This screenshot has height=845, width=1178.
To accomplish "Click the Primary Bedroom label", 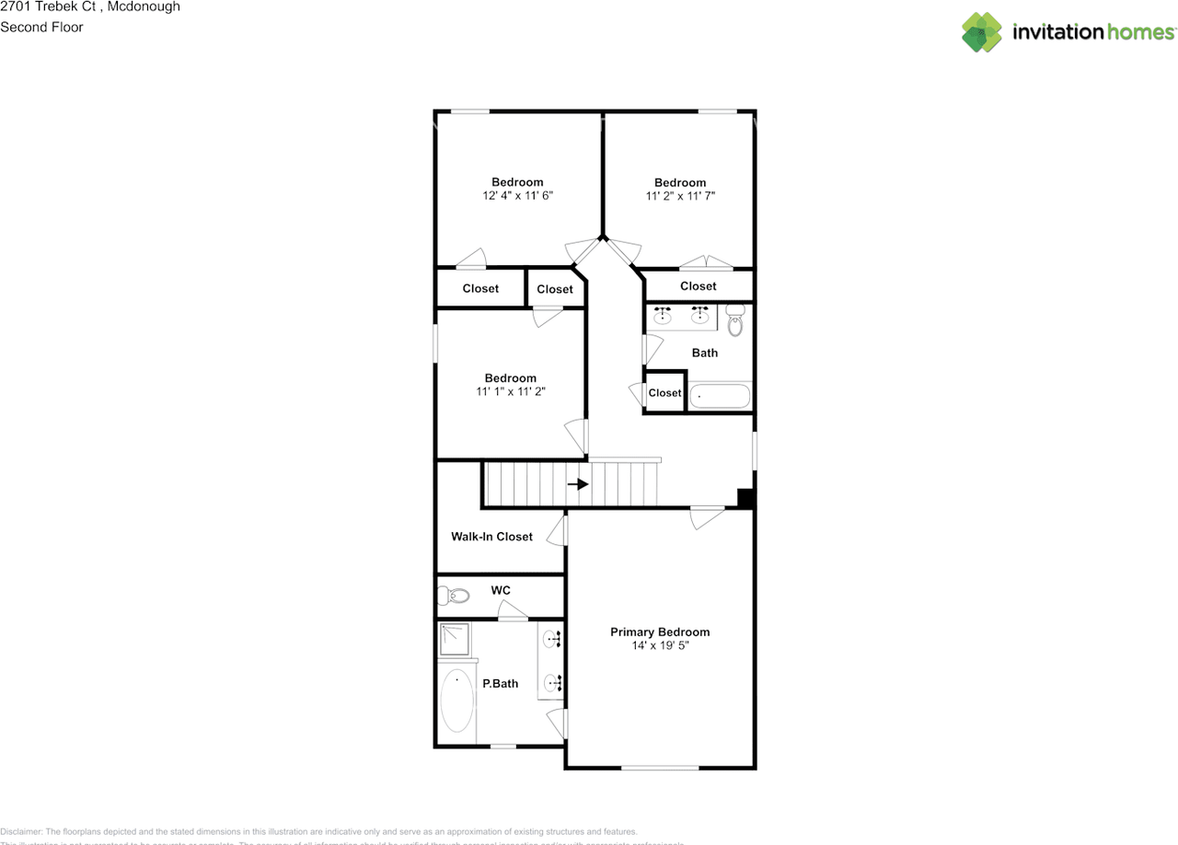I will pos(660,632).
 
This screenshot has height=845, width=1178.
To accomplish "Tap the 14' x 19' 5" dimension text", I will pos(660,646).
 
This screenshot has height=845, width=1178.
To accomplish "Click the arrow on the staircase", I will pos(578,484).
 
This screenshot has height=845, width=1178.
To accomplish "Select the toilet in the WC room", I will pos(453,596).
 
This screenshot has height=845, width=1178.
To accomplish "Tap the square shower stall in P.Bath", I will pos(456,639).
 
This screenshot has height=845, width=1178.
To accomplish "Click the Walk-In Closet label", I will pos(491,537).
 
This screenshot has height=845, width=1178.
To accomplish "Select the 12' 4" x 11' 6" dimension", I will pos(517,196).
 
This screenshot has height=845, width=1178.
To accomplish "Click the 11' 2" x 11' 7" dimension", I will pos(680,196).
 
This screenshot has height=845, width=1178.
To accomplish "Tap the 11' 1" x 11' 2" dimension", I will pos(511,391).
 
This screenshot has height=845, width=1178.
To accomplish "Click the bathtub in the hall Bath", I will pos(721,396).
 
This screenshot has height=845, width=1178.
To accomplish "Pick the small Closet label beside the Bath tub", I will pos(664,393).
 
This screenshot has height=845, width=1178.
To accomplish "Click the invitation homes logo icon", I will pos(982,32).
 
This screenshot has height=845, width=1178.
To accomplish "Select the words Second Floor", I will pos(41,27).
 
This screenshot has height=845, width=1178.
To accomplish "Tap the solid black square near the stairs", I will pos(746,498).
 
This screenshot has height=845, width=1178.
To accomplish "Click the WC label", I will pos(501,590).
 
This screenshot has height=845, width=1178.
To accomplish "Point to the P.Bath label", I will pos(501,684).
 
